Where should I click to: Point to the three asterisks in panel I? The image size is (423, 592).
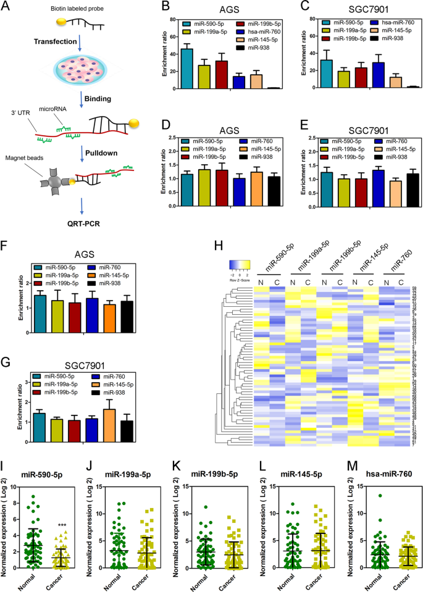(62, 473)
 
